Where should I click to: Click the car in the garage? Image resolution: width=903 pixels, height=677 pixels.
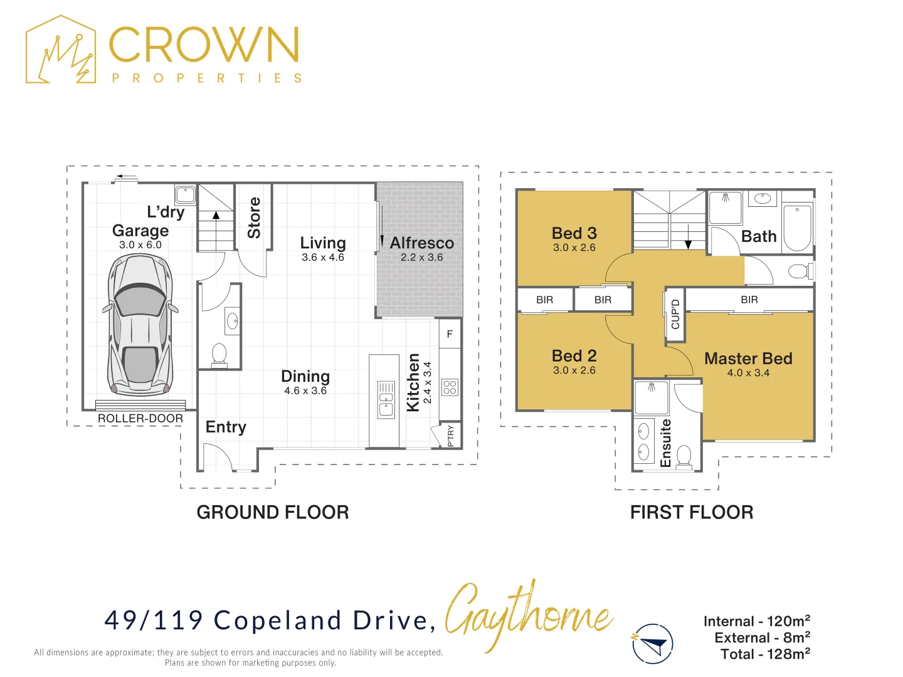(140, 325)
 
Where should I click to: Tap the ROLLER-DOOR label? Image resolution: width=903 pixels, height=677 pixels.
(140, 419)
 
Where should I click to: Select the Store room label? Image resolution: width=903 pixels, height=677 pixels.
(254, 218)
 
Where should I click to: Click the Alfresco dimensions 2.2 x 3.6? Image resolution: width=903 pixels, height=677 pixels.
(421, 257)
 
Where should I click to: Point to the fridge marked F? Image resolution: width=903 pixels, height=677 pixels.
(450, 333)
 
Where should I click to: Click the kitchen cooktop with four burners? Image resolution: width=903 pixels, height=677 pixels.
(450, 387)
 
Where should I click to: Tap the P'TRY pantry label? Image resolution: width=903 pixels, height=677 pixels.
(450, 436)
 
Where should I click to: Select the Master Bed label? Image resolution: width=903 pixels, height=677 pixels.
(748, 359)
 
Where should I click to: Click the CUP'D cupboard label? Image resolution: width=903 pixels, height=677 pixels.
(675, 315)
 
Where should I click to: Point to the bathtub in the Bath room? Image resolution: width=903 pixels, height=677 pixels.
(797, 228)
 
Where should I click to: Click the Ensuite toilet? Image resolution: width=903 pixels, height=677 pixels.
(684, 456)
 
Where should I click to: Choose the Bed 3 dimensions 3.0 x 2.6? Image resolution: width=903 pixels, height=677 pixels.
(574, 248)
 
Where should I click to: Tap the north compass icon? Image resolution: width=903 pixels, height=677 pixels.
(652, 644)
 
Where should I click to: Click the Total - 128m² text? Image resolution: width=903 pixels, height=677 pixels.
(765, 654)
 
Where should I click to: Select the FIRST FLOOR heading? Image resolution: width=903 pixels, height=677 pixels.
(692, 513)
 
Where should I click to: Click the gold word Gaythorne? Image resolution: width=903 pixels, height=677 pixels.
(529, 616)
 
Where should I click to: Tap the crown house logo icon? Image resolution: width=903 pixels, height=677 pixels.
(61, 50)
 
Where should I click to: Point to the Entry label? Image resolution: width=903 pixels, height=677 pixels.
(226, 427)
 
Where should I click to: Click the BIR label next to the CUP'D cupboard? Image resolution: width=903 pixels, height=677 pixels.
(749, 300)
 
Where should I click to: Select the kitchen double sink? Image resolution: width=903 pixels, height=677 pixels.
(386, 399)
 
